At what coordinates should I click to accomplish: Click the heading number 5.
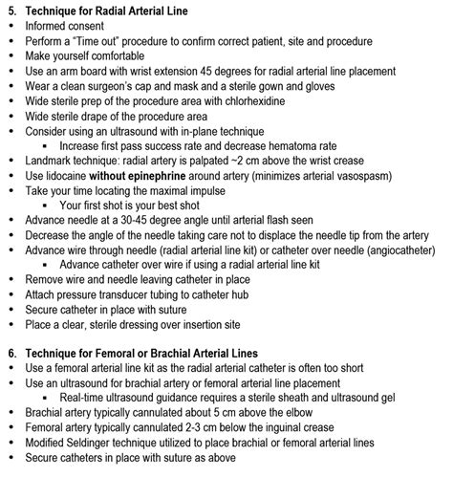tap(11, 10)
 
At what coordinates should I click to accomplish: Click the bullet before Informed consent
tap(11, 26)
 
